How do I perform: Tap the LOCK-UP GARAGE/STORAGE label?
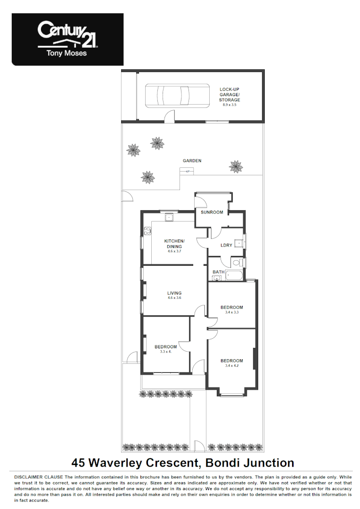click(x=229, y=94)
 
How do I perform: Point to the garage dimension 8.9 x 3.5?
click(x=229, y=105)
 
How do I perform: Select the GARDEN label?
click(x=192, y=161)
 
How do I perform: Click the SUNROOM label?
click(x=212, y=213)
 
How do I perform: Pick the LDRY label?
click(x=226, y=245)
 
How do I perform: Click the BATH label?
click(x=218, y=272)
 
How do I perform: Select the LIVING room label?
click(x=174, y=293)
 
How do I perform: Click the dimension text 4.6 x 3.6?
click(x=174, y=298)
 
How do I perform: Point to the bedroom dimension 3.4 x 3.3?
click(x=231, y=312)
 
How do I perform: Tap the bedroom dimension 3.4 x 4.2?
click(x=231, y=366)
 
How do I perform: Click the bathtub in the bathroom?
click(x=234, y=276)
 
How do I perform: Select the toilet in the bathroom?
click(x=237, y=262)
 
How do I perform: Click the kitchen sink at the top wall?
click(x=169, y=217)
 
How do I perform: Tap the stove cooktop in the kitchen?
click(x=147, y=231)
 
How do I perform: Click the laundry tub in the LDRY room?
click(x=239, y=243)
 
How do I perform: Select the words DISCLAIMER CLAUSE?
click(x=39, y=477)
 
